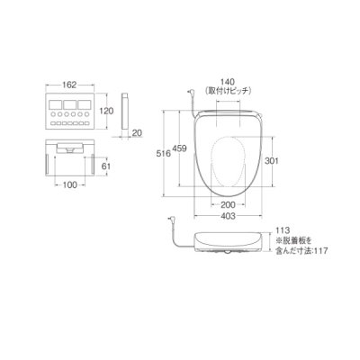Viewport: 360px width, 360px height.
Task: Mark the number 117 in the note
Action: click(x=334, y=250)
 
